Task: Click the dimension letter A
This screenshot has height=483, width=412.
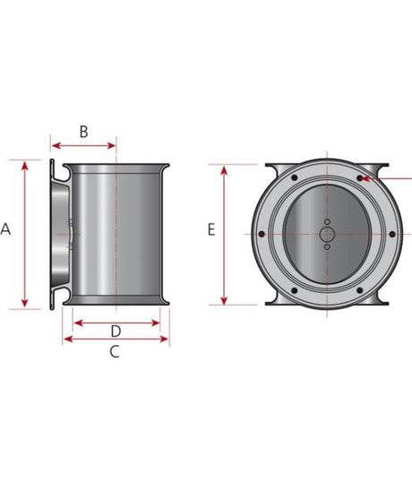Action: click(x=5, y=229)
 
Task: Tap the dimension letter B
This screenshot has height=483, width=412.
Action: click(x=83, y=132)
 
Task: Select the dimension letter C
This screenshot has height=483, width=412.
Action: click(x=114, y=351)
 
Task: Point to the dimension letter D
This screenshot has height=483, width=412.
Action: click(x=116, y=331)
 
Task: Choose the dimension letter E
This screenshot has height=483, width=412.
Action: click(x=211, y=229)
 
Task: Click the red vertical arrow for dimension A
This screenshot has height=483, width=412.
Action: click(x=26, y=234)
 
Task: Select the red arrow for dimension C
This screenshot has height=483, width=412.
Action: click(x=115, y=340)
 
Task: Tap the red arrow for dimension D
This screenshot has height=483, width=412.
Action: click(x=117, y=321)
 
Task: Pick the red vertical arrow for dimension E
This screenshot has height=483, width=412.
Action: click(x=225, y=234)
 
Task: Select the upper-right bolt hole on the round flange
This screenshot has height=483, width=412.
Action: click(x=360, y=178)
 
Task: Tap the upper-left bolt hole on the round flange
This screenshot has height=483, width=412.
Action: click(x=295, y=178)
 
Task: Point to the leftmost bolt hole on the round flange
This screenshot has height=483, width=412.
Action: click(x=261, y=235)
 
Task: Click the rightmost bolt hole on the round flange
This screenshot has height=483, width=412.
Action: click(x=394, y=235)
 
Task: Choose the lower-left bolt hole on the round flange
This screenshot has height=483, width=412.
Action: click(x=295, y=290)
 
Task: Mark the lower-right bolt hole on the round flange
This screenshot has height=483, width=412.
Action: click(x=360, y=290)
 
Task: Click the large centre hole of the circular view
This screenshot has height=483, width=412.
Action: click(x=327, y=235)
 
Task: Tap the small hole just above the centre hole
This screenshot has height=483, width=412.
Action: click(x=327, y=221)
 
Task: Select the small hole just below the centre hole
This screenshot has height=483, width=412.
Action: click(x=327, y=248)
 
